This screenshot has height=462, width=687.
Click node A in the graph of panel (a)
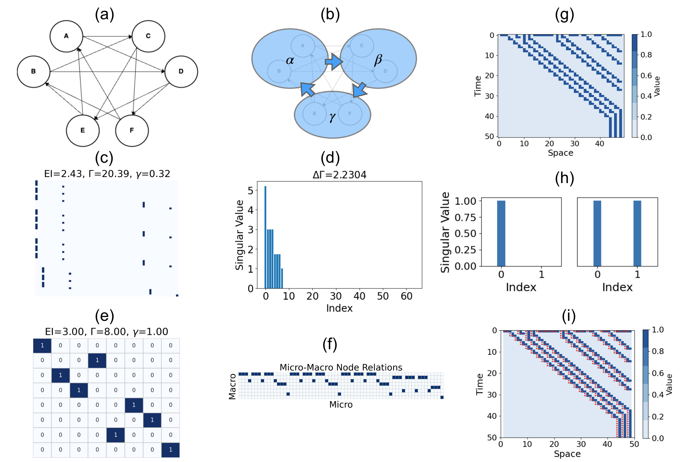(66, 36)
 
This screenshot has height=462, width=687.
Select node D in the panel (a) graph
(181, 72)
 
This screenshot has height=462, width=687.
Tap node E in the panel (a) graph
(83, 131)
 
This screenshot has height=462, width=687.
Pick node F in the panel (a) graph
(132, 131)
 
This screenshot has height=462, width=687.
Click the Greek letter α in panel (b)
(290, 60)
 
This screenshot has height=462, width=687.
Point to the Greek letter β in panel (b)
(378, 60)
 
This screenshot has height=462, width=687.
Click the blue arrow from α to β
(334, 62)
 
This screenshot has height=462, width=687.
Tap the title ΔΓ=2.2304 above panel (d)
(339, 175)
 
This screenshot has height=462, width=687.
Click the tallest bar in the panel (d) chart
(265, 237)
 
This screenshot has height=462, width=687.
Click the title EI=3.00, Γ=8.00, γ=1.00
(106, 332)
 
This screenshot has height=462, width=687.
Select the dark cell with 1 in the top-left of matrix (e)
(42, 345)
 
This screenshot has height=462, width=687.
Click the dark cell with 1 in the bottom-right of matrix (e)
(170, 450)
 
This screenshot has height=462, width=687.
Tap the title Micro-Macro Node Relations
(341, 367)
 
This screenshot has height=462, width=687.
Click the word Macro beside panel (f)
(233, 386)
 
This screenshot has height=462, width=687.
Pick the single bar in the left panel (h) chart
(501, 233)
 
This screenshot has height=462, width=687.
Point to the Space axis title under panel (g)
(560, 153)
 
